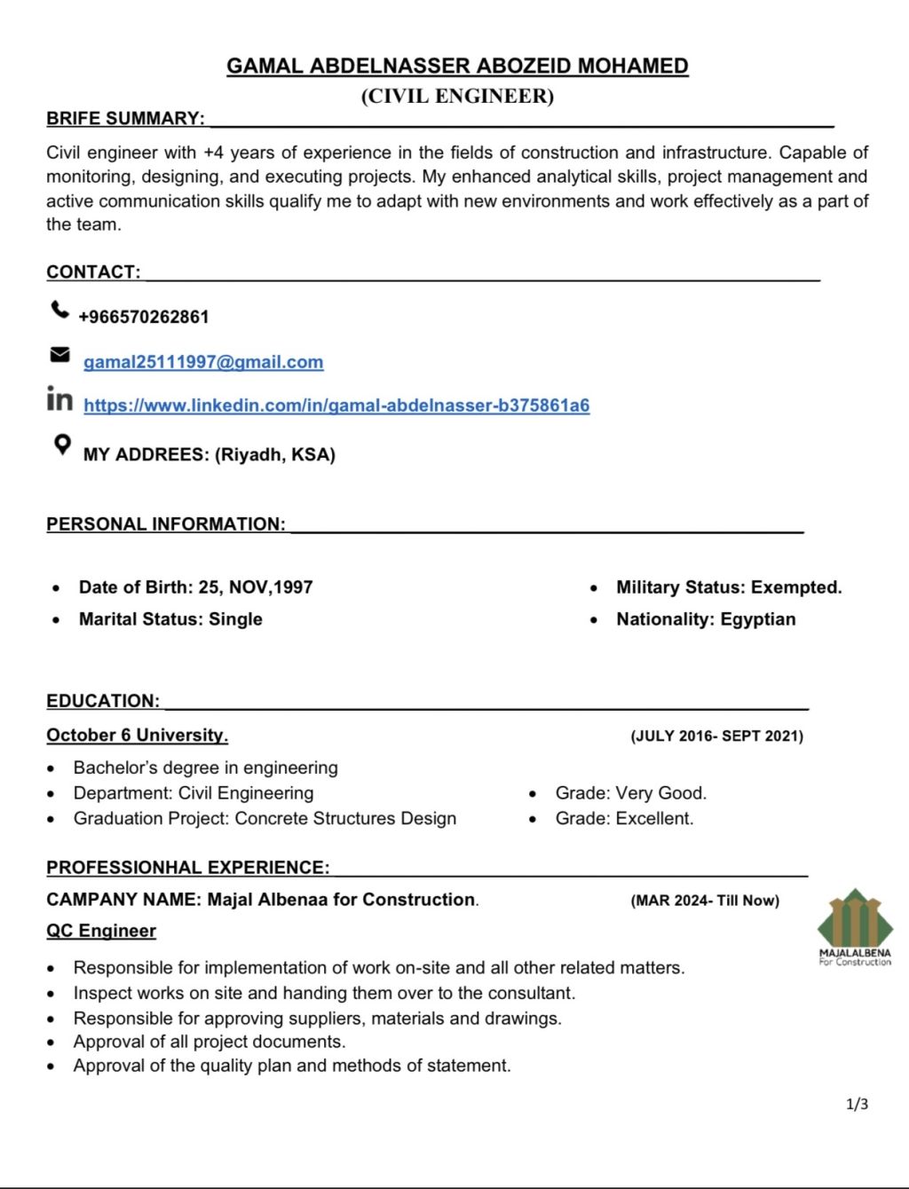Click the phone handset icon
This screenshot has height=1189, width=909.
pos(59,310)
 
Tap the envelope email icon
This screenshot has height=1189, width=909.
pos(59,355)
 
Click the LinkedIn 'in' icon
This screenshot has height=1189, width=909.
pos(59,399)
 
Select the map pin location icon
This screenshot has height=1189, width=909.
pos(61,444)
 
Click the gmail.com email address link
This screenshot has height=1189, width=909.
pos(203,362)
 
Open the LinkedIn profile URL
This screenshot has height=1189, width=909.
pos(336,406)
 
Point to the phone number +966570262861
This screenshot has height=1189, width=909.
pos(144,317)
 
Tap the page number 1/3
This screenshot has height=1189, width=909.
pos(858,1104)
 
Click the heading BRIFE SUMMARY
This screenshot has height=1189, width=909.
pos(125,118)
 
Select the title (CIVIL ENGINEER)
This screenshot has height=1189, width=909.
pos(457,96)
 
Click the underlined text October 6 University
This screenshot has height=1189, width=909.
pos(138,735)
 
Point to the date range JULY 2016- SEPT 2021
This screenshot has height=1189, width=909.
pos(716,736)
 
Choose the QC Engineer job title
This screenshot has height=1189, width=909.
pos(101,931)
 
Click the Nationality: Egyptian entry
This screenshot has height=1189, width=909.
pos(706,619)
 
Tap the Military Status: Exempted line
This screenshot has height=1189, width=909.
pos(729,587)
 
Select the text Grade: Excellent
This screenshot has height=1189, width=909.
pos(624,818)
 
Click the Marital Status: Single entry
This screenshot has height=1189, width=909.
pos(170,619)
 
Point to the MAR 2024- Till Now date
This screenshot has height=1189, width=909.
pos(705,901)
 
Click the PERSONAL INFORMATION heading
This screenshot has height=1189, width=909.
pos(166,524)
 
